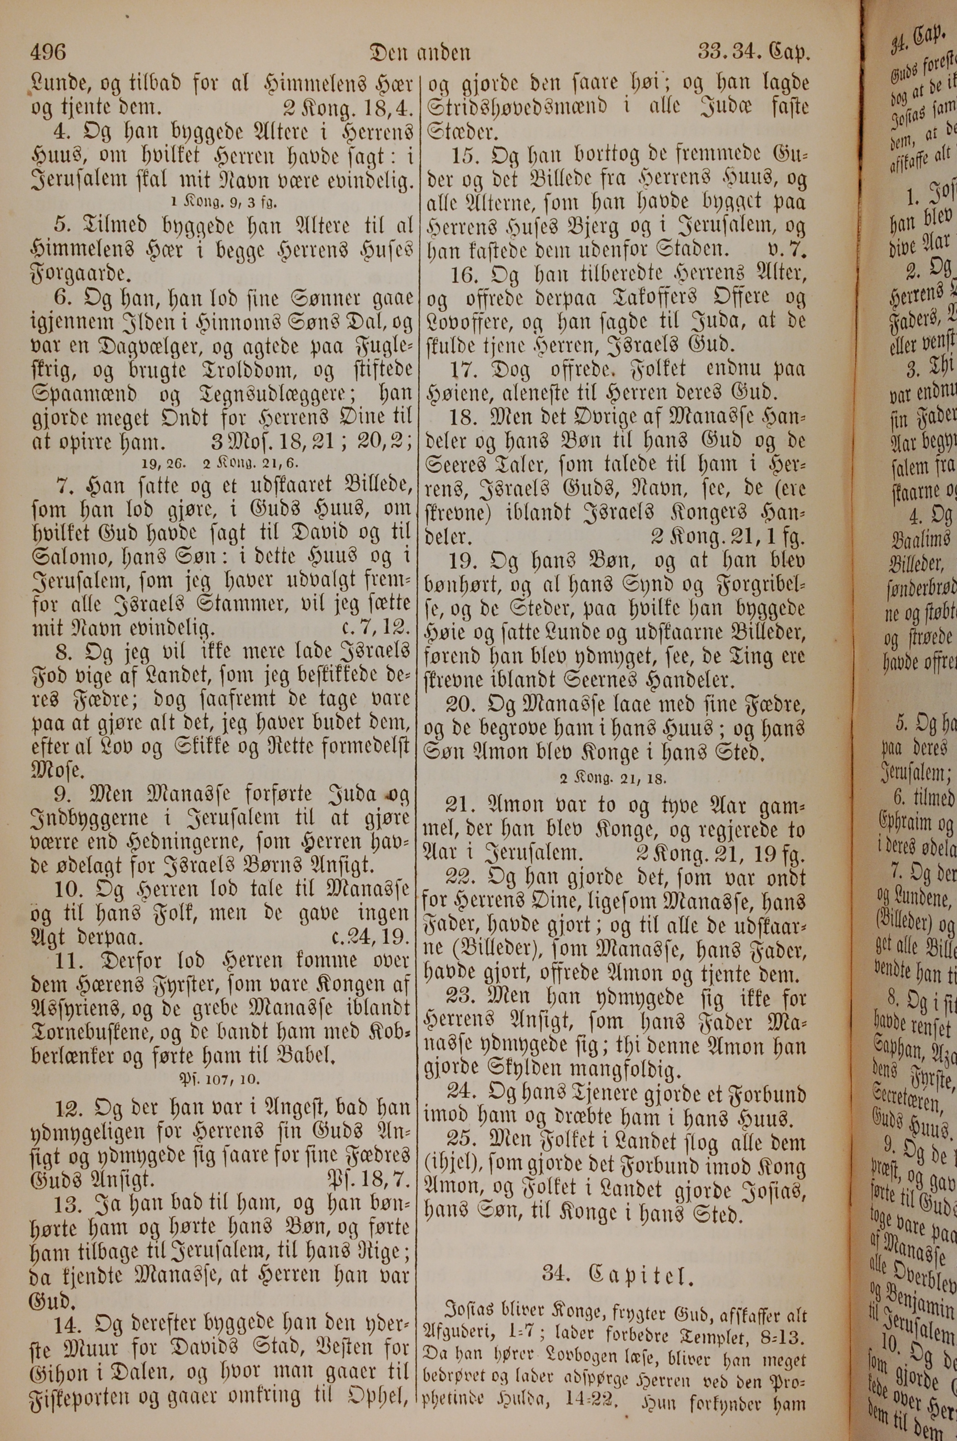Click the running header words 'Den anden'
(420, 54)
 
